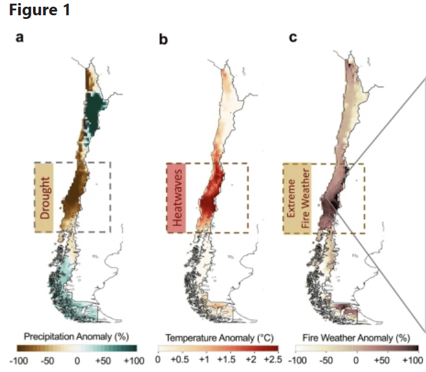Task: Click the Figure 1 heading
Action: coord(40,12)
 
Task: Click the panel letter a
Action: coord(20,38)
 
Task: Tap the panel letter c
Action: coord(293,38)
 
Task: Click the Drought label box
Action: coord(45,197)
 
